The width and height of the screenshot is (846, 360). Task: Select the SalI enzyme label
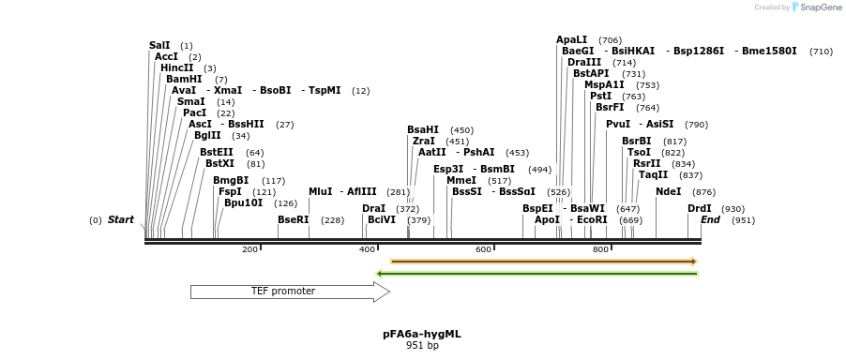[x=159, y=45]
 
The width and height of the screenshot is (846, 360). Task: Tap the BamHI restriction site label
[x=184, y=79]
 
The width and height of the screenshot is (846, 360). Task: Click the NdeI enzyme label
[x=668, y=191]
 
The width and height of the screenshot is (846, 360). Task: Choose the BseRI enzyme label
[x=293, y=219]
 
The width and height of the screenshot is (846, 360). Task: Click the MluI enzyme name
[x=320, y=191]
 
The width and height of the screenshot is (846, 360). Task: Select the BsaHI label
[x=422, y=129]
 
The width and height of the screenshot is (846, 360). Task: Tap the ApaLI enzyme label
[x=571, y=39]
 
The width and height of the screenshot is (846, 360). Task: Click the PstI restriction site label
[x=600, y=96]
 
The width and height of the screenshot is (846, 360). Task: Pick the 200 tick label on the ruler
[x=249, y=249]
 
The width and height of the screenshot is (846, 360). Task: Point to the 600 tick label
[x=483, y=249]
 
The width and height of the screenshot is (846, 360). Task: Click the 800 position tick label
[x=600, y=249]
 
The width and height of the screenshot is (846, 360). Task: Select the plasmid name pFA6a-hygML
[x=421, y=334]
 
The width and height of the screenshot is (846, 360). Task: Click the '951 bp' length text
[x=421, y=345]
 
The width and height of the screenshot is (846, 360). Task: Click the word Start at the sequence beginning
[x=120, y=219]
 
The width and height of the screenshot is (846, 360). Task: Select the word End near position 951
[x=710, y=219]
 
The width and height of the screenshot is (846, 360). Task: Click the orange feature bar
[x=543, y=262]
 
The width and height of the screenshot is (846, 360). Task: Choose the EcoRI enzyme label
[x=592, y=219]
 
